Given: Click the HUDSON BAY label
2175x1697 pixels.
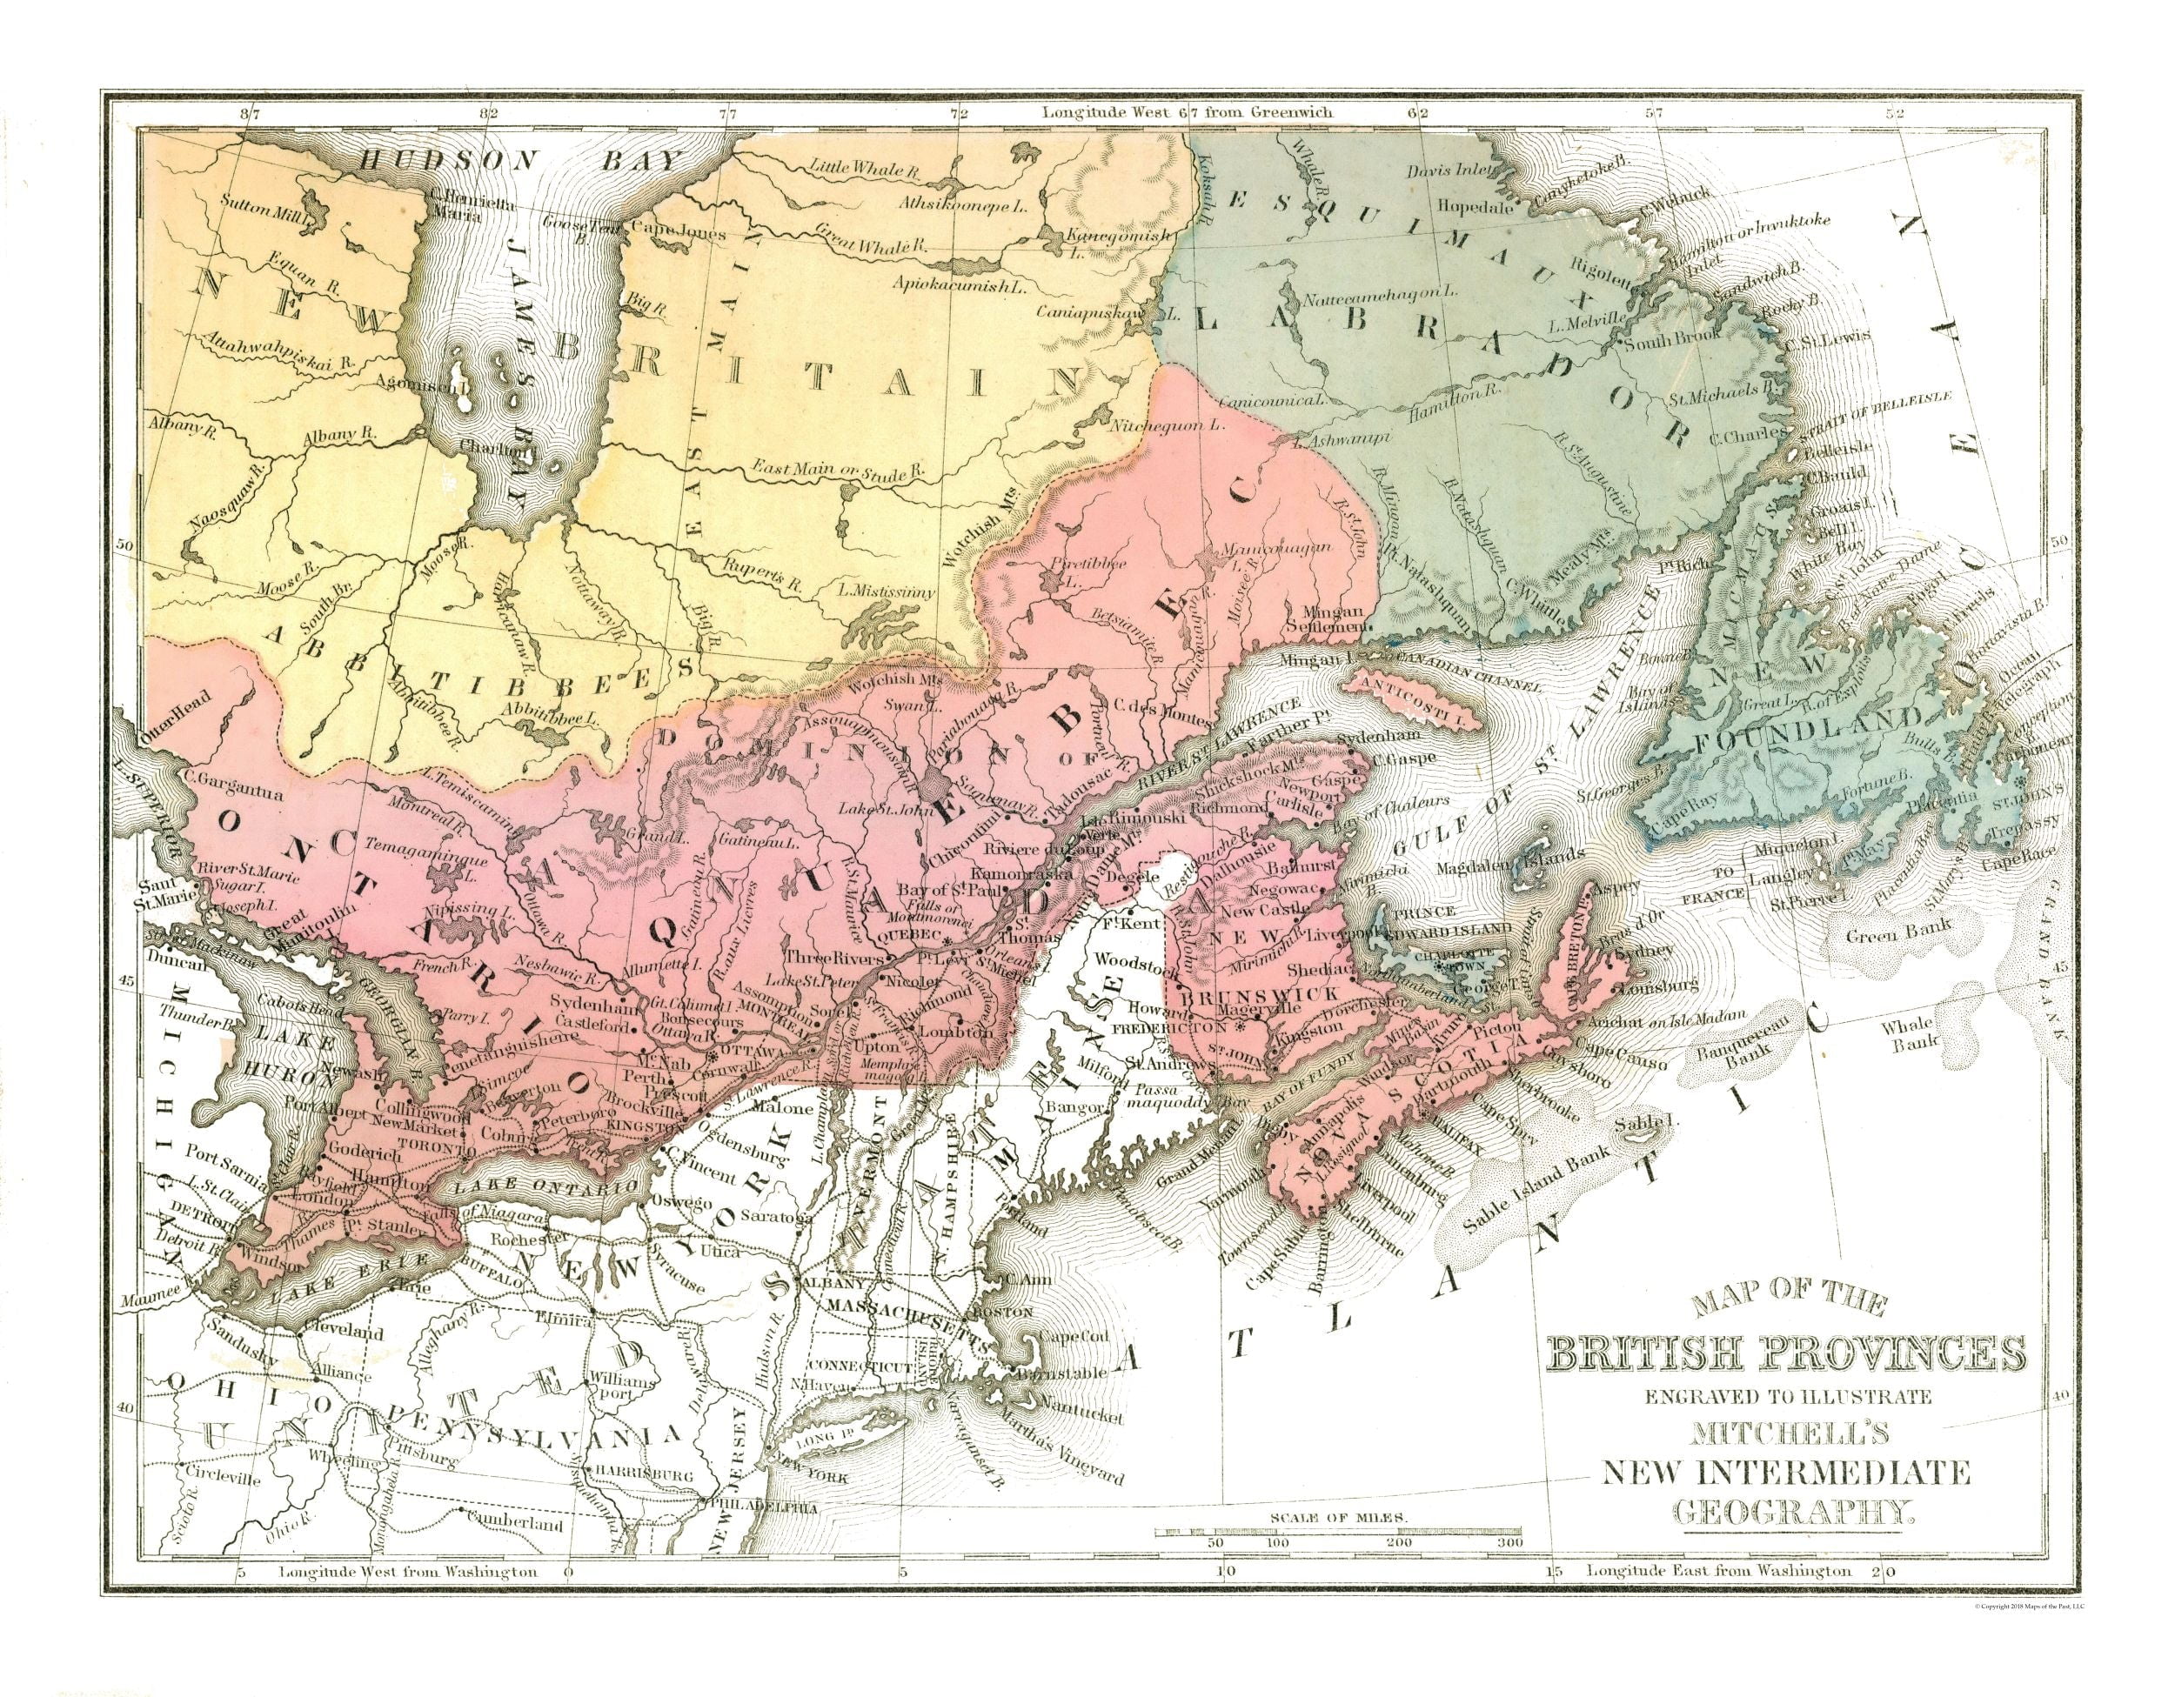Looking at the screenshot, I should [522, 161].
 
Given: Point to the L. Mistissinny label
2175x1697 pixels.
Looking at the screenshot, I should [887, 591].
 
